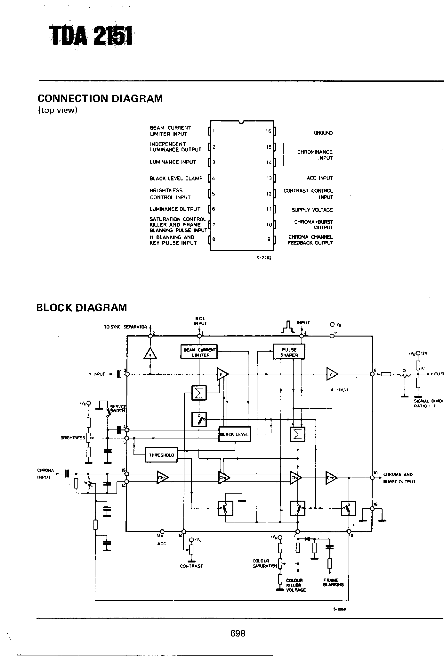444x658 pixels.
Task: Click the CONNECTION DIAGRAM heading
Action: [100, 98]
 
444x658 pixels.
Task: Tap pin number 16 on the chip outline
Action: [268, 131]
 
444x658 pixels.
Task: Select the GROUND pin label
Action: [323, 133]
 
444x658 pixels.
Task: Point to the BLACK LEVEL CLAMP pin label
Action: [176, 179]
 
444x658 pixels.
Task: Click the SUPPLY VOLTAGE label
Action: [312, 210]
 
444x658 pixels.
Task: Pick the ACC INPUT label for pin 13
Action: [319, 178]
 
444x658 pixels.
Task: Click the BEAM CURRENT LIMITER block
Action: [199, 353]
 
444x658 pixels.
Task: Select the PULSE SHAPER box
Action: [289, 352]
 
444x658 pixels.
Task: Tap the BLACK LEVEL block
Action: [234, 434]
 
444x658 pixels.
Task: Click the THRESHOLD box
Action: [161, 455]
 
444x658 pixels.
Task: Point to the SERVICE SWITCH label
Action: [117, 409]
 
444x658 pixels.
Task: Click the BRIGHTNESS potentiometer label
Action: [73, 437]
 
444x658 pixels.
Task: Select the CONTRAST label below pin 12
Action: [191, 566]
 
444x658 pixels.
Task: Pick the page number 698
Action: [238, 633]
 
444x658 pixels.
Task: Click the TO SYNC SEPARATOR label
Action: [125, 327]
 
